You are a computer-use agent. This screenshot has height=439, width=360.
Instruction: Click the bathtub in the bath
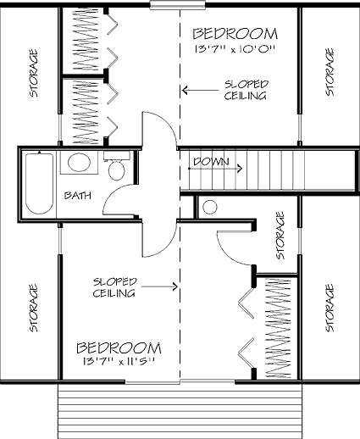coord(39,183)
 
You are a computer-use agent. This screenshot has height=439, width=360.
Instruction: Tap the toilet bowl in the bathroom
coord(117,170)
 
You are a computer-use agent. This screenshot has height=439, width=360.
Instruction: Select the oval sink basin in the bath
coord(79,162)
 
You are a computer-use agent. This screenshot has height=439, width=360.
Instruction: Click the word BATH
coord(78,196)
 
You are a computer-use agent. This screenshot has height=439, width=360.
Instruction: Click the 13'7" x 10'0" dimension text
coord(235,49)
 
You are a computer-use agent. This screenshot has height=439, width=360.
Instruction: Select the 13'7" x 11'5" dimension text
coord(119,361)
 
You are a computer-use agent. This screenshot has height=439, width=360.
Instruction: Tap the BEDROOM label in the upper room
coord(235,34)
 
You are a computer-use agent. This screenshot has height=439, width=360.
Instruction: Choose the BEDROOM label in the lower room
coord(119,348)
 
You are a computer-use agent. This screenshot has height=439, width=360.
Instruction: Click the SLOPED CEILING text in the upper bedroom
coord(246,90)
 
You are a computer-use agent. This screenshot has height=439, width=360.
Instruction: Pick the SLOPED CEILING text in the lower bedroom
coord(114,287)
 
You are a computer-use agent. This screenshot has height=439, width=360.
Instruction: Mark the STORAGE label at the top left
coord(34,73)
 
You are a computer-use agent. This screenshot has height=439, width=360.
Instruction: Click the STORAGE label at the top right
coord(330,72)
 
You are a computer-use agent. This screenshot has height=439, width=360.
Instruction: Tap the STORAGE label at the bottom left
coord(34,308)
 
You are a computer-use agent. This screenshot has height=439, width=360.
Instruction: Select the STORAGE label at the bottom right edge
coord(330,308)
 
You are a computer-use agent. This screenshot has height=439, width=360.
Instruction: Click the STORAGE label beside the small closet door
coord(280,236)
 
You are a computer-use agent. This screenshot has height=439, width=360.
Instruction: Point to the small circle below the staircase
coord(210,207)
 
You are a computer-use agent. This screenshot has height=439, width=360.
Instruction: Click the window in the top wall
coord(177,5)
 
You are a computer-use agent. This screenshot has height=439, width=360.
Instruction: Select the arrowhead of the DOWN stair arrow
coord(240,169)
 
